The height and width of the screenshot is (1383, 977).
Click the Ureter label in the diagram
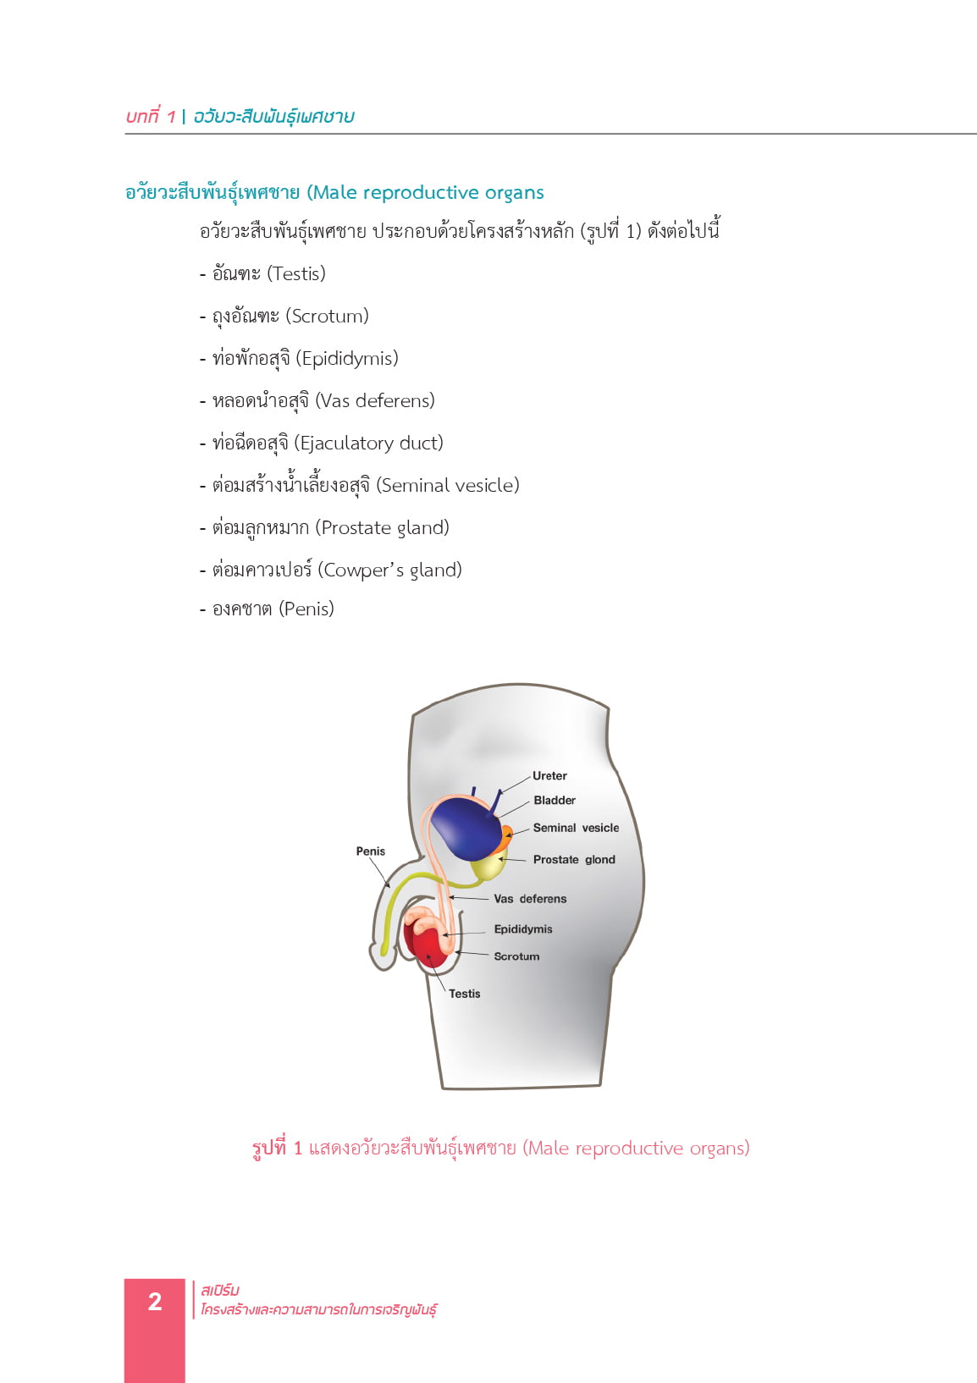coord(549,775)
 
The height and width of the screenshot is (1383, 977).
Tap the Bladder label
coord(554,800)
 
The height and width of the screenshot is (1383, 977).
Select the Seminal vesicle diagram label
coord(576,828)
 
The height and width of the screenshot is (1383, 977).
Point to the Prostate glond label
coord(574,859)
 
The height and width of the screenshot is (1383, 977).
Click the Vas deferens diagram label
coord(530,899)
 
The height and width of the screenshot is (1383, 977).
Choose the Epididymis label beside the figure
coord(523,929)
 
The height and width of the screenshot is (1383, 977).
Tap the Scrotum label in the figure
coord(516,956)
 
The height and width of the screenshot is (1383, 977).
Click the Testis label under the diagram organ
coord(465,994)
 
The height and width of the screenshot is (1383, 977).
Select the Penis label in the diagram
coord(371,851)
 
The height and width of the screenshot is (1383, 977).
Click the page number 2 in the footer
coord(155,1302)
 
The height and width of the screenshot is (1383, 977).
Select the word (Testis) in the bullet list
coord(295,273)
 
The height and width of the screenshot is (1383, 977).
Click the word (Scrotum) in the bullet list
coord(327,316)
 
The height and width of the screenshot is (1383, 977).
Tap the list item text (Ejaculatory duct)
coord(368,444)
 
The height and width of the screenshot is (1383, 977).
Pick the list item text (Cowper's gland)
coord(389,570)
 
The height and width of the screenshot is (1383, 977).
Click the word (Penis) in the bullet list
coord(306,609)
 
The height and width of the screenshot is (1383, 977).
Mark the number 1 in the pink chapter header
coord(171,117)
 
